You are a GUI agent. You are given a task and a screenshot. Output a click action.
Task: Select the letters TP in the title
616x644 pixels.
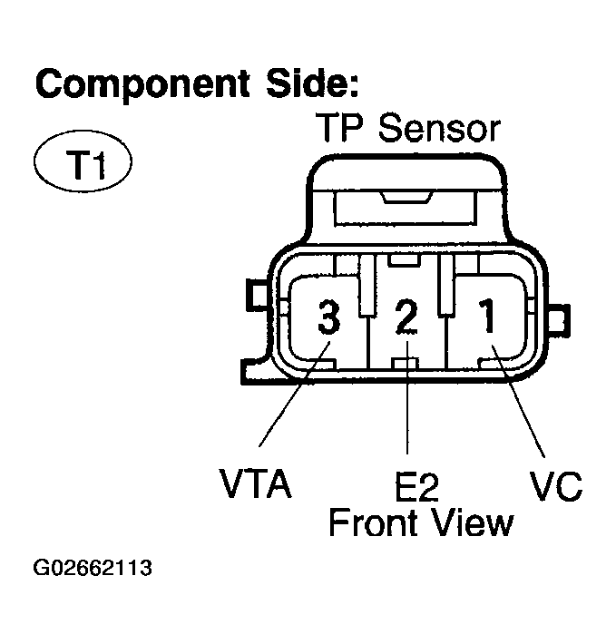[x=340, y=129]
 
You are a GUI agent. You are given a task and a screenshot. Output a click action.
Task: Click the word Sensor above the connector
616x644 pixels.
[x=438, y=129]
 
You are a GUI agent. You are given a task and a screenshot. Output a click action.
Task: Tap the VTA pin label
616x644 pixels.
[x=255, y=485]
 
